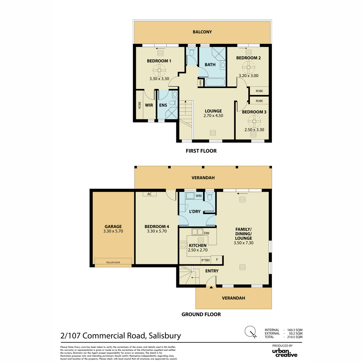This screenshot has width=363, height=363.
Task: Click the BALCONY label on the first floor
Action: (x=202, y=32)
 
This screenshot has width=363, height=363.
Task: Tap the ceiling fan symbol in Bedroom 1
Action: (x=159, y=70)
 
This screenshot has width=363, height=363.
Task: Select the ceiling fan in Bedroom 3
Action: (x=254, y=121)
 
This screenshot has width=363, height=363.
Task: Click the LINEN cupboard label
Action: (x=200, y=83)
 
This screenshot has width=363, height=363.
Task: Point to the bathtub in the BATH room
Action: (x=215, y=82)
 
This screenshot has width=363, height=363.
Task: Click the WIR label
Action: (x=149, y=105)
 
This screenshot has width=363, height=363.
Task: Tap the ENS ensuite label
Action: (x=163, y=105)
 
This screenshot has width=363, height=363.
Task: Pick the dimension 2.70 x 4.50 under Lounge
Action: (x=213, y=116)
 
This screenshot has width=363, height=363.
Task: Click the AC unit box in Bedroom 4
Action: (x=149, y=194)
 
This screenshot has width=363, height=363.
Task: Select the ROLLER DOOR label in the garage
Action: (x=113, y=262)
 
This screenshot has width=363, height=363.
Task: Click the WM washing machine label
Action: (x=198, y=196)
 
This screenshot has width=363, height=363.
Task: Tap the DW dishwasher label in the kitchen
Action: (x=207, y=233)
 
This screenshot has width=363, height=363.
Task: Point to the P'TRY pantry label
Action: (x=205, y=260)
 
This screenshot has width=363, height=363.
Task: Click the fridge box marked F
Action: (x=217, y=260)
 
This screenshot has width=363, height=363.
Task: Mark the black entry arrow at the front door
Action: (x=211, y=287)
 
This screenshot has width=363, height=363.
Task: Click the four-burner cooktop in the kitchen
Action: (x=183, y=245)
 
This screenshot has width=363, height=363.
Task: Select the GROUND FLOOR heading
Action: (x=201, y=314)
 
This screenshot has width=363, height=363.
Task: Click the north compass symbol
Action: (x=251, y=331)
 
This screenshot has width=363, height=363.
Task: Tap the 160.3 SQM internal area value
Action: (x=295, y=330)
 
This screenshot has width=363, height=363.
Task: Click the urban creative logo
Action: (x=285, y=353)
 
